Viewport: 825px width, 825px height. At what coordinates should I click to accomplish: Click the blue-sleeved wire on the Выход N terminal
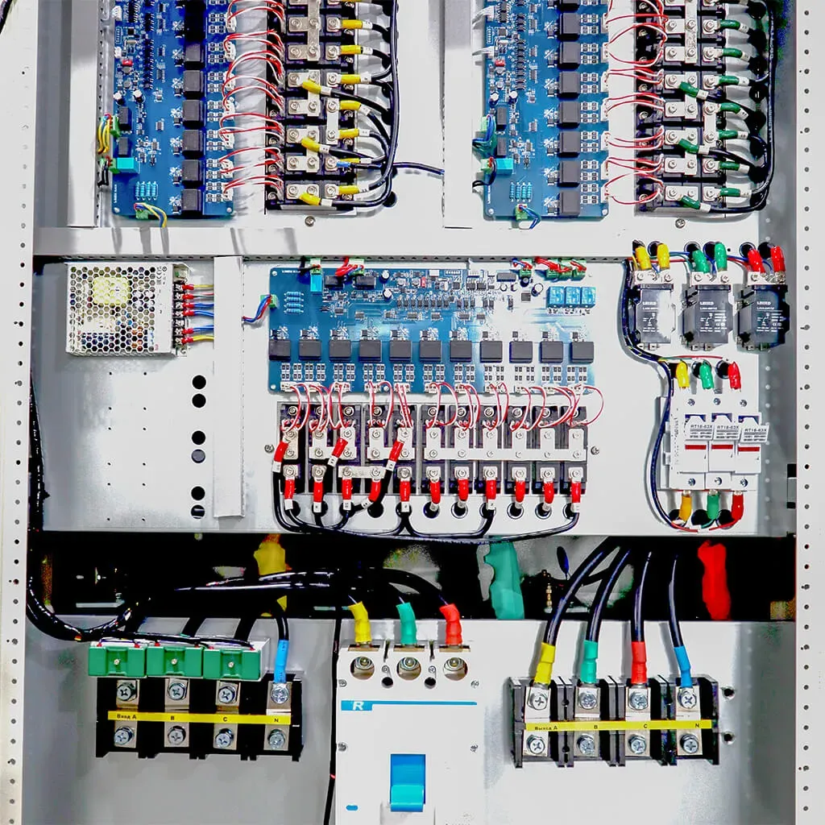683,665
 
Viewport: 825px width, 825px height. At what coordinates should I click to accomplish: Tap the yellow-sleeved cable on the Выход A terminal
545,663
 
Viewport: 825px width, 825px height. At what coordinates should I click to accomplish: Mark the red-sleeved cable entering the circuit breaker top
451,625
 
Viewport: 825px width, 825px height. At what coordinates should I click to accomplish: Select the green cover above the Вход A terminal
118,661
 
